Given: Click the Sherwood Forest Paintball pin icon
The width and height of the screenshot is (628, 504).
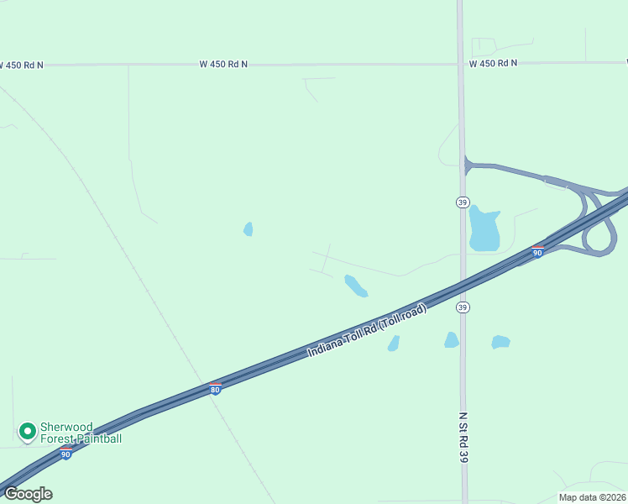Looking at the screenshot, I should point(27,431).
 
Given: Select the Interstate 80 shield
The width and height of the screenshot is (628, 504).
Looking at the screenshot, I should point(216,389).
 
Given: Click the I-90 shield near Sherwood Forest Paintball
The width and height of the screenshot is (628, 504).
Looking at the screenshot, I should point(65,454).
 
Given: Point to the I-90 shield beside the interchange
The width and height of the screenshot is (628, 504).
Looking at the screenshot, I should point(536,251).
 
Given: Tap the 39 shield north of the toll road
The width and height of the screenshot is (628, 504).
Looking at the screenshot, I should point(463,202).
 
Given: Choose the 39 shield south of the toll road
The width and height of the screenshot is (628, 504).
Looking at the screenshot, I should point(463,307).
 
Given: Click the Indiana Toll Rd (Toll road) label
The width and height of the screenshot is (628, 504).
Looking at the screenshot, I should point(367,329).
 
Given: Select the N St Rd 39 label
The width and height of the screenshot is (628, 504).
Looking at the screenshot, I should point(463,437).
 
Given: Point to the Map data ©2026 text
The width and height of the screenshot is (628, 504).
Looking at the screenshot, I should point(591,497).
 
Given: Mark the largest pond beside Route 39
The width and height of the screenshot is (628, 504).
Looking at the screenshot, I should point(484,228).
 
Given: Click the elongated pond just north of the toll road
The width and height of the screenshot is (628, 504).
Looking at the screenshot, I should point(356,286).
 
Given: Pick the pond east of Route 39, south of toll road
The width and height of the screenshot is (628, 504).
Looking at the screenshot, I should point(500,342).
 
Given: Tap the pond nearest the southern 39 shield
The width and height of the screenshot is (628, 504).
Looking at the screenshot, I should point(451,339).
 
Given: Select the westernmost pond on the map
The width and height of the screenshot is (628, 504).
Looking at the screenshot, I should point(248,228).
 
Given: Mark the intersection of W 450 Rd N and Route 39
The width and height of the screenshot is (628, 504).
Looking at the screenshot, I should point(461,63).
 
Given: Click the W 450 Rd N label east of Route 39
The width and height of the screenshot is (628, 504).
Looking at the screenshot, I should point(493,63).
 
